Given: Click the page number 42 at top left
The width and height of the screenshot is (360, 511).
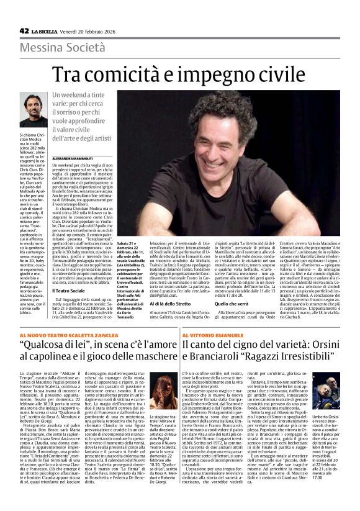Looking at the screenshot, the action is (x=24, y=30).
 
